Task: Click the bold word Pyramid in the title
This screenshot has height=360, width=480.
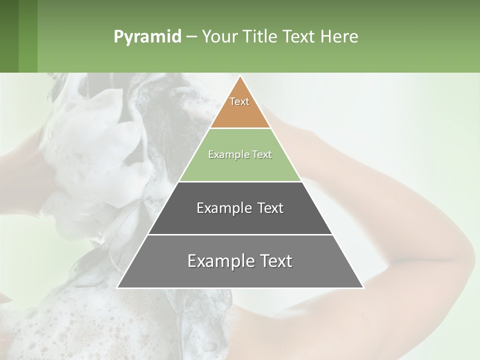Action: pyautogui.click(x=147, y=37)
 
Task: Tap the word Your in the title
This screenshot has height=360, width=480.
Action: pyautogui.click(x=220, y=37)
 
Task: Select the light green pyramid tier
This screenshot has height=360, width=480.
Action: pyautogui.click(x=240, y=167)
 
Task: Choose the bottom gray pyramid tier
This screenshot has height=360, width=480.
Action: pyautogui.click(x=240, y=275)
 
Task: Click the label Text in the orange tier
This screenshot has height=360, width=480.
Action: pyautogui.click(x=239, y=101)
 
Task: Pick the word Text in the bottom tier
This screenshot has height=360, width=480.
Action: pyautogui.click(x=272, y=261)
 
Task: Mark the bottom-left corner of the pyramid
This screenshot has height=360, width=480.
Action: pyautogui.click(x=117, y=287)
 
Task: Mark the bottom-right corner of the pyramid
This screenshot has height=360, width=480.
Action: pyautogui.click(x=363, y=287)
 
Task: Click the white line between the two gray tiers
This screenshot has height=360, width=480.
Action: pyautogui.click(x=240, y=234)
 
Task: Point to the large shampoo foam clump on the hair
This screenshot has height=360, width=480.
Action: pyautogui.click(x=95, y=150)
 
